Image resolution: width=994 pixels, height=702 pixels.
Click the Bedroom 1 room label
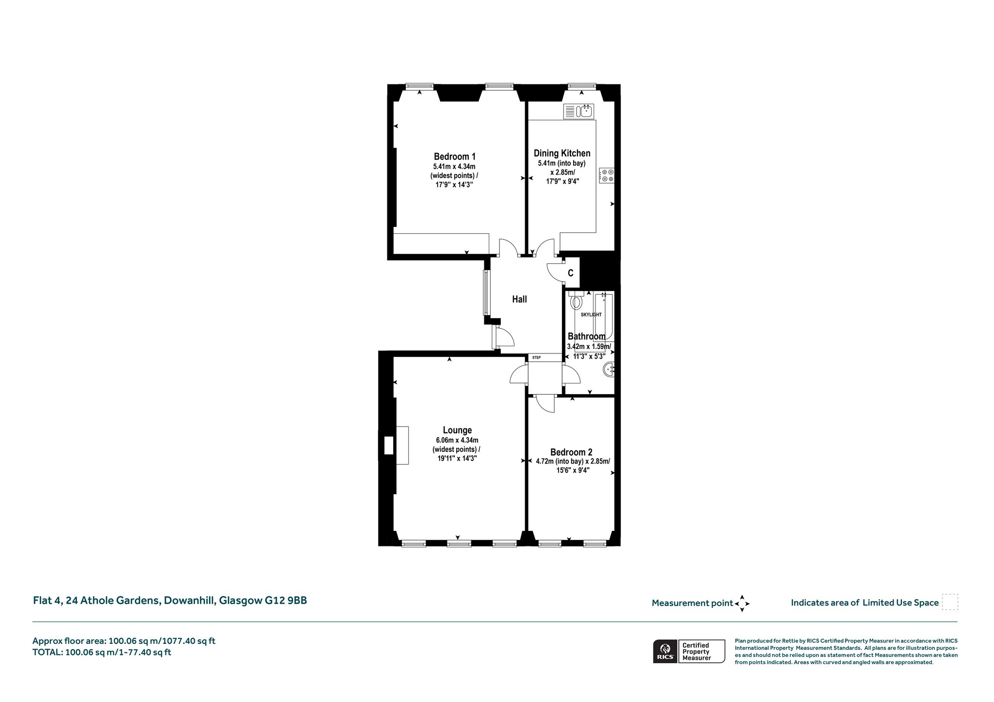pyautogui.click(x=455, y=157)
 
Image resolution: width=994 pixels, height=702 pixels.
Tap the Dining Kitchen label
pyautogui.click(x=562, y=153)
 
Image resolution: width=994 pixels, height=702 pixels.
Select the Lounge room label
pyautogui.click(x=457, y=430)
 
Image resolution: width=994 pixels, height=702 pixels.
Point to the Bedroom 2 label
pyautogui.click(x=571, y=452)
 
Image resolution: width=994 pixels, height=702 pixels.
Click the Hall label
pyautogui.click(x=519, y=299)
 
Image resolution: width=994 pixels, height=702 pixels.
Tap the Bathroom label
pyautogui.click(x=587, y=336)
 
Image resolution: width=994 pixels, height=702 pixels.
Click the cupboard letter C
pyautogui.click(x=571, y=273)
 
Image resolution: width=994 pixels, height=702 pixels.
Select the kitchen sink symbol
pyautogui.click(x=578, y=112)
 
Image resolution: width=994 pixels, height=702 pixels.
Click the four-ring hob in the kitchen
pyautogui.click(x=607, y=175)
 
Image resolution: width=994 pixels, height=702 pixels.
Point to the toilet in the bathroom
pyautogui.click(x=576, y=300)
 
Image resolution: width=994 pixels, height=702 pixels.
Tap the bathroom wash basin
pyautogui.click(x=609, y=370)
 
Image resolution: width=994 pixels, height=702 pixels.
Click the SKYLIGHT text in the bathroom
pyautogui.click(x=591, y=315)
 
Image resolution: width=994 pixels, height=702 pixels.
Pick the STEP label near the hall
pyautogui.click(x=536, y=358)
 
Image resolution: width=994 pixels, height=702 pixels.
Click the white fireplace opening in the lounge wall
pyautogui.click(x=388, y=445)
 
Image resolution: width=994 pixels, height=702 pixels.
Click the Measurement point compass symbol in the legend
pyautogui.click(x=742, y=604)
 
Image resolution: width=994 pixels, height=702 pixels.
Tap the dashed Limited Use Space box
pyautogui.click(x=950, y=602)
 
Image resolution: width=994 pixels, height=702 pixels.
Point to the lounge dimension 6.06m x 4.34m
pyautogui.click(x=457, y=440)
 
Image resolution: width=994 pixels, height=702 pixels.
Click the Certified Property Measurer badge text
pyautogui.click(x=696, y=651)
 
